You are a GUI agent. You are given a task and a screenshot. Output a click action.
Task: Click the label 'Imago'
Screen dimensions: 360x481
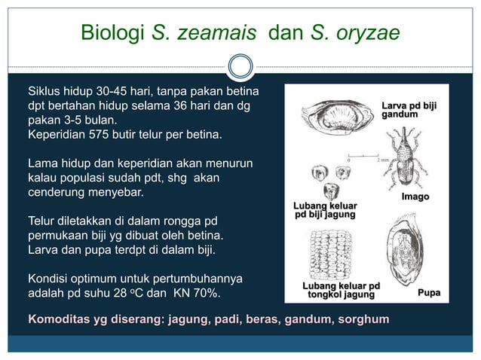pyautogui.click(x=415, y=197)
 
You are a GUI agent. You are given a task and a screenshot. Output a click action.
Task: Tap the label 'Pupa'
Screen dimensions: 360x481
pyautogui.click(x=429, y=293)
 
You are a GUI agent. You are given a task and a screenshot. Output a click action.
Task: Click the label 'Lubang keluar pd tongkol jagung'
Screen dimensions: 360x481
pyautogui.click(x=341, y=291)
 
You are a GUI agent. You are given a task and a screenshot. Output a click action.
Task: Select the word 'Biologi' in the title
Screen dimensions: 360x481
pyautogui.click(x=114, y=33)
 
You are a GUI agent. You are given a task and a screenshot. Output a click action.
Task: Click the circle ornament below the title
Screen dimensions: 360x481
pyautogui.click(x=240, y=66)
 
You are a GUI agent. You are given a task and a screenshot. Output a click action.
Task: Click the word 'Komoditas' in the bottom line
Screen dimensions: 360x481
pyautogui.click(x=59, y=320)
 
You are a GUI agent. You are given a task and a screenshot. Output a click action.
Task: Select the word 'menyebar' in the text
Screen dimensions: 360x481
pyautogui.click(x=117, y=192)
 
